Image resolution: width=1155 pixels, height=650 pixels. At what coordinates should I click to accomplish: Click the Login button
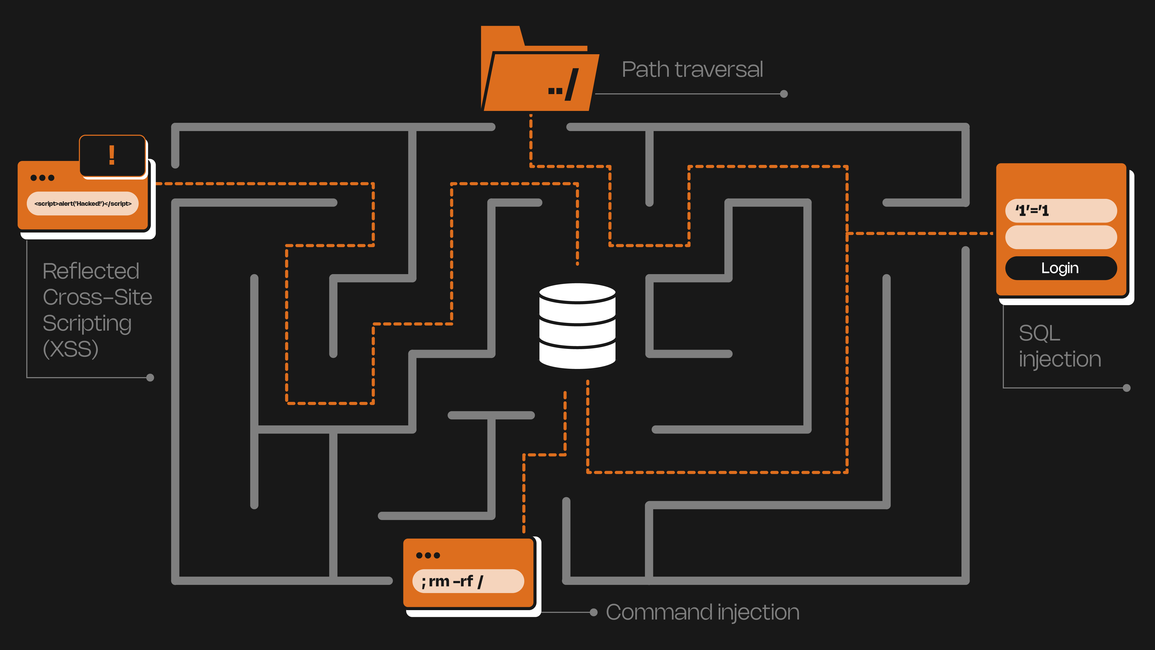tap(1060, 268)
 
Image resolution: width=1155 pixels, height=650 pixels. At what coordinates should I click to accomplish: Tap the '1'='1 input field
tap(1060, 210)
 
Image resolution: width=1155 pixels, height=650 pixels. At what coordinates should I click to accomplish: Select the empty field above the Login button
tap(1060, 237)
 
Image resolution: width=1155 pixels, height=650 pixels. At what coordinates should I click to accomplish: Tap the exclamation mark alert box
tap(112, 155)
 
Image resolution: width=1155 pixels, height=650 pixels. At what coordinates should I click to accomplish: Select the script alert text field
tap(83, 204)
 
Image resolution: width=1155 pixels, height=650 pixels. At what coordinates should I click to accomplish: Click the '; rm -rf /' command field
tap(468, 581)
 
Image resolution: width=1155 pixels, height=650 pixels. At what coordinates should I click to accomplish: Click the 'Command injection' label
tap(703, 612)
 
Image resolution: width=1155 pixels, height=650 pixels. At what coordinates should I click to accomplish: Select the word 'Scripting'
tap(87, 323)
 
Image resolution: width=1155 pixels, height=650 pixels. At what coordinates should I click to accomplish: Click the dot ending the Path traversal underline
tap(784, 94)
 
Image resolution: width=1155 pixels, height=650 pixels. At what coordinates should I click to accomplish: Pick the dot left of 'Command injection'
tap(594, 612)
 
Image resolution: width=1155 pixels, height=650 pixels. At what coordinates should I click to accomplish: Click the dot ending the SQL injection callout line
tap(1126, 388)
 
